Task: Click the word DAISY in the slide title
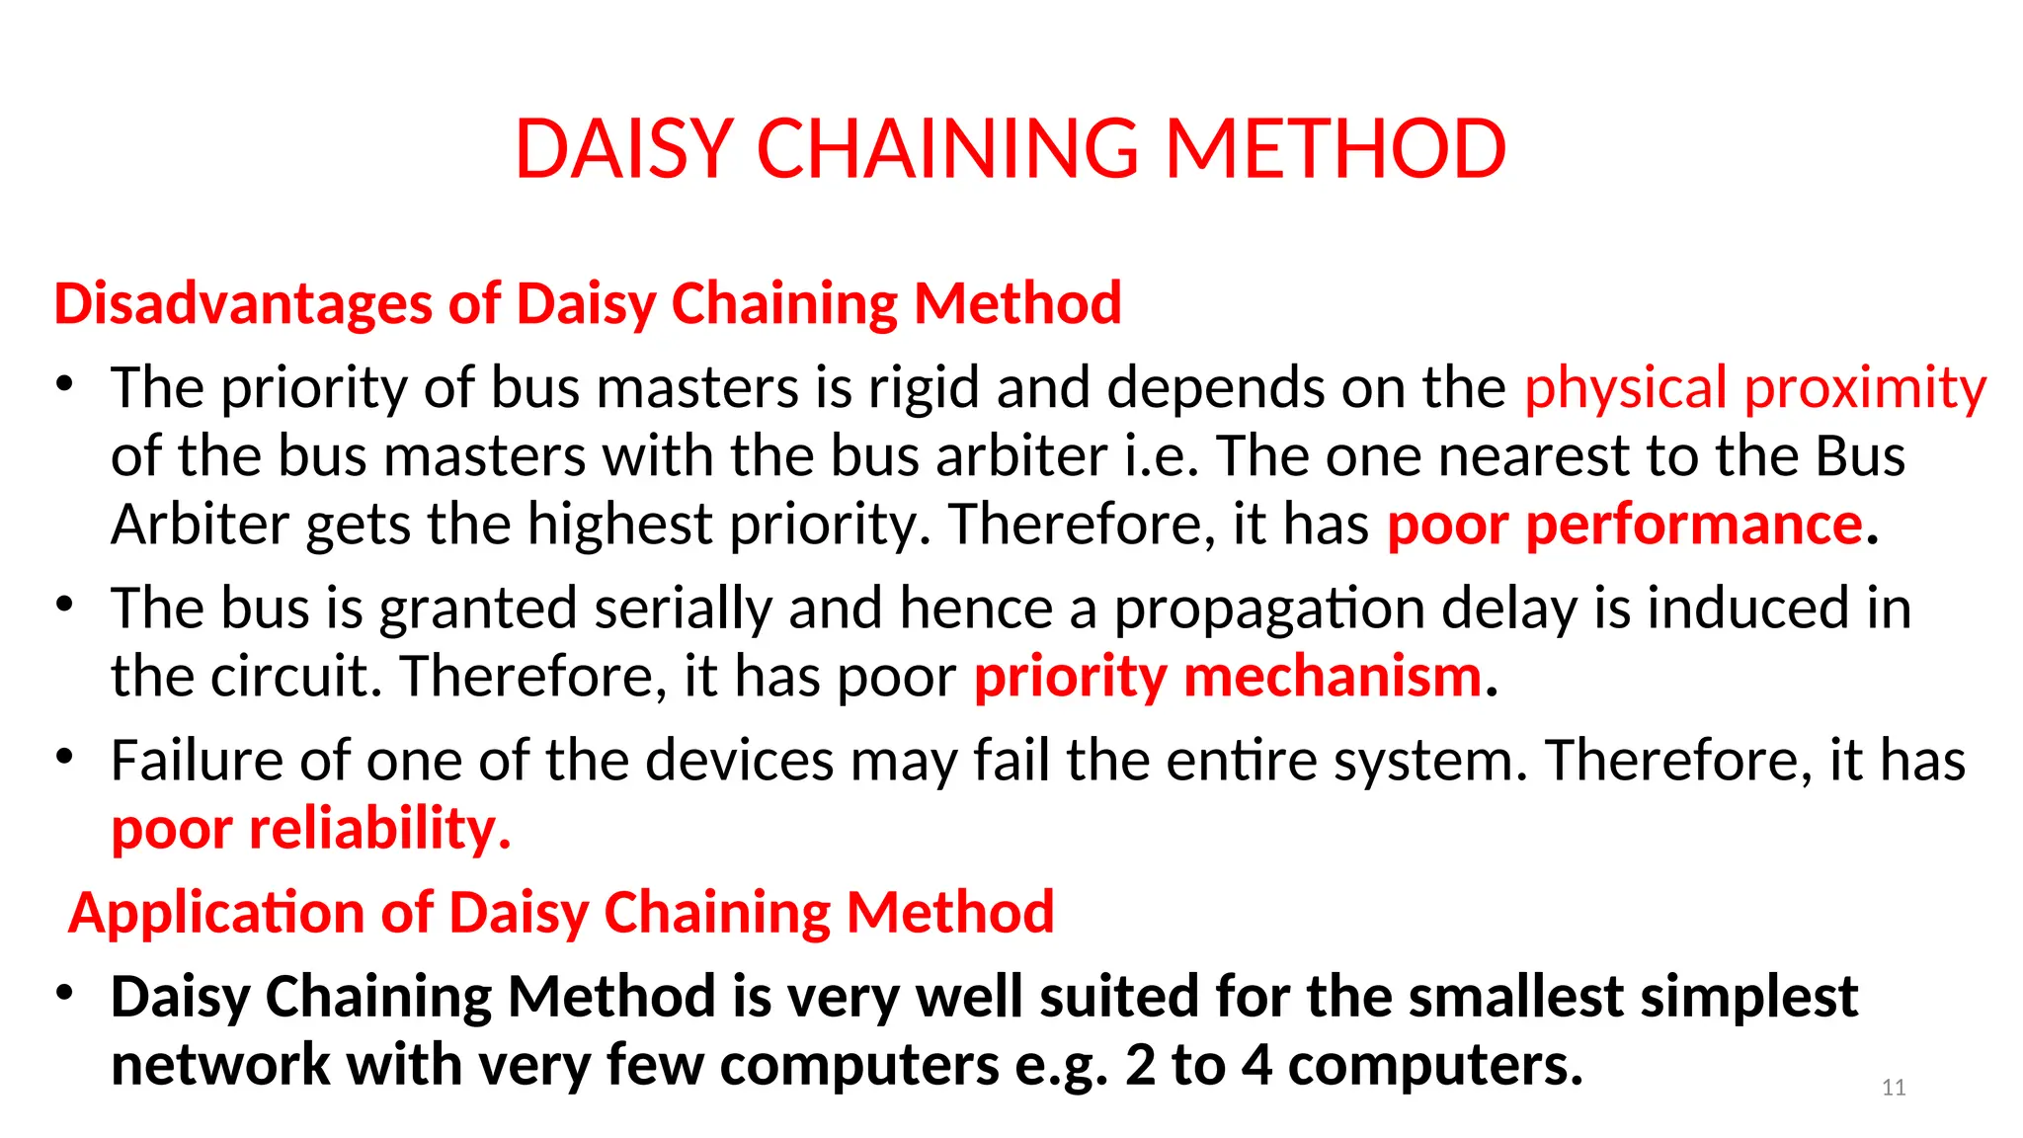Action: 623,149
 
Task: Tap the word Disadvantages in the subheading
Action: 243,303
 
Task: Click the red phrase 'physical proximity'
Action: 1754,387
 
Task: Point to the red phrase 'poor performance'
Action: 1625,524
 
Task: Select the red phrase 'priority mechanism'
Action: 1228,677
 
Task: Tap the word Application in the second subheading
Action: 216,912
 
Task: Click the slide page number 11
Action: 1893,1088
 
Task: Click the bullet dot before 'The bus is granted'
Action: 65,604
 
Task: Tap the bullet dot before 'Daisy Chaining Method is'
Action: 65,992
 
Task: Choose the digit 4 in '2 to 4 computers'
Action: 1256,1066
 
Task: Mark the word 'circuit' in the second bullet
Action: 310,677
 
